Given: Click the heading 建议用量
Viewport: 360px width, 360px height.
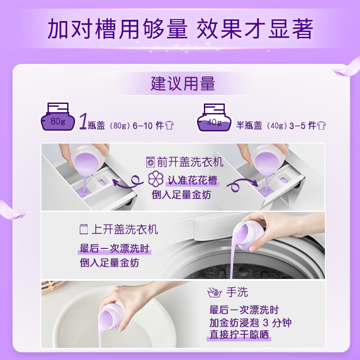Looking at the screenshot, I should pos(183,84).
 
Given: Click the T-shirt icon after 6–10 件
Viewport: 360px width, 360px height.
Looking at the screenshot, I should pos(170,126).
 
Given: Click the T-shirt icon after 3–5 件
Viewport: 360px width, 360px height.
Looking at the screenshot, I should pos(320,126).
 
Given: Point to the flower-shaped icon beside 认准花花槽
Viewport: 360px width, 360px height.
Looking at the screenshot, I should pos(155,180).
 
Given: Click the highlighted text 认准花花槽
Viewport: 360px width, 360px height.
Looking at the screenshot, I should pos(193,180).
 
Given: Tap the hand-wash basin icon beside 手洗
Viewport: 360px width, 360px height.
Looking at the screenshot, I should pos(215,293).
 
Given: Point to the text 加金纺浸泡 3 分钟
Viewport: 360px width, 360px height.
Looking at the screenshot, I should pos(250,323).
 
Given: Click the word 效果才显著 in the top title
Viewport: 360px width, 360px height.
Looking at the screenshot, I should pos(255,29).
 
